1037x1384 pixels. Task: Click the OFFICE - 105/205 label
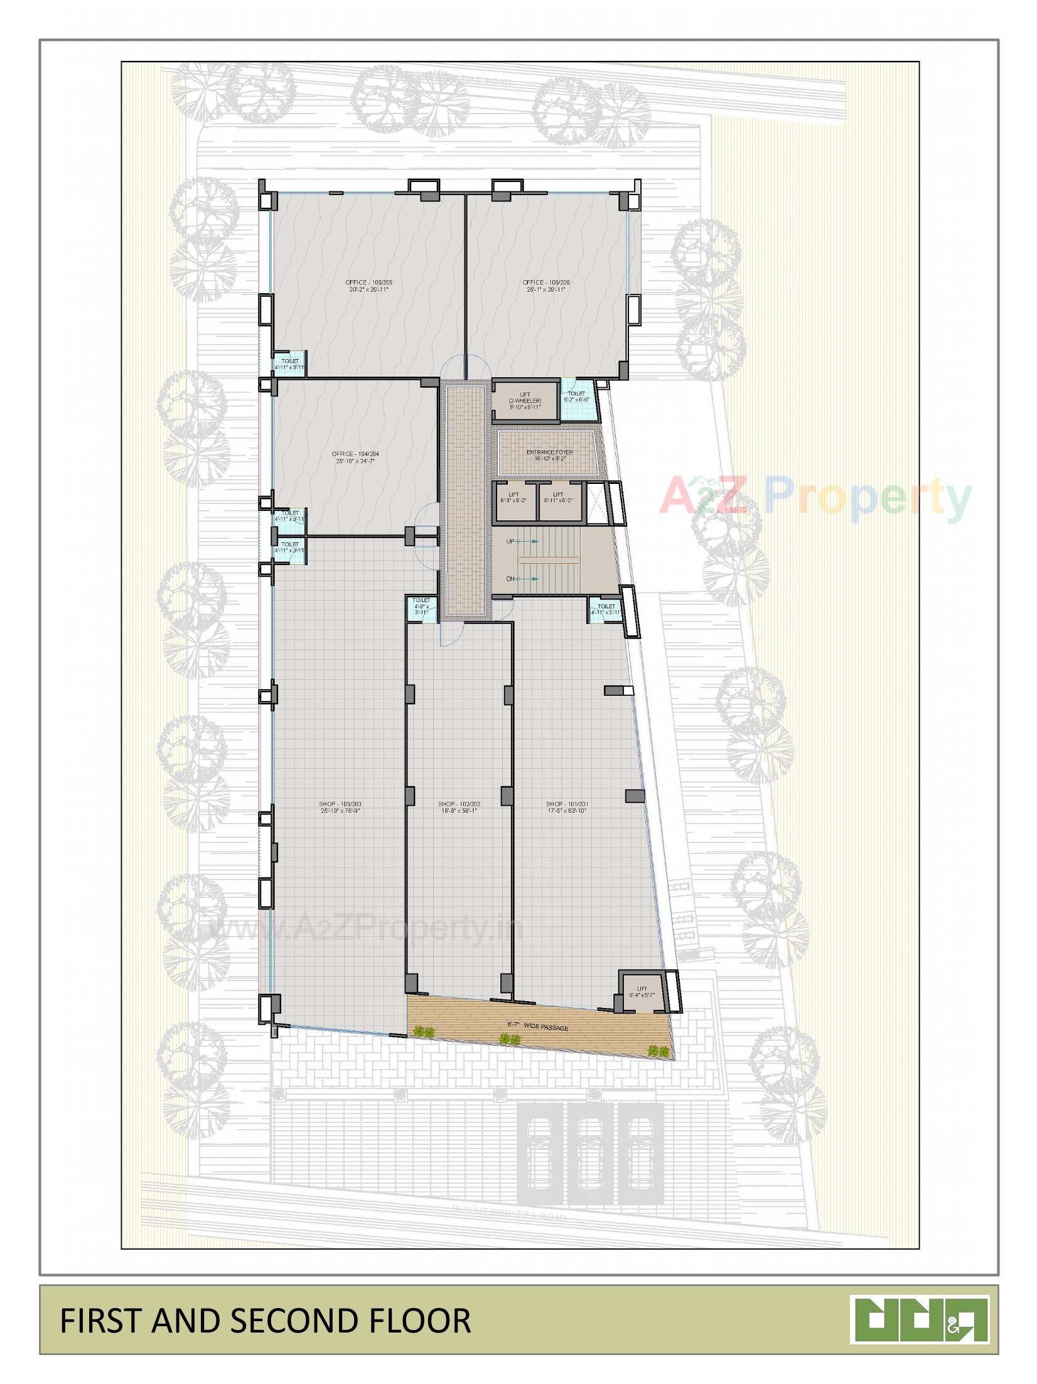point(370,286)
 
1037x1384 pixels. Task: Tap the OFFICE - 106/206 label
point(546,286)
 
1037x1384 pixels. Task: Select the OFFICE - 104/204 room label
point(355,457)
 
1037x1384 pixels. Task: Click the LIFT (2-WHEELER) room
point(525,400)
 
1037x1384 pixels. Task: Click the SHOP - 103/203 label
point(340,807)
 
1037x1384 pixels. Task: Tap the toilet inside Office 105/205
point(289,364)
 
